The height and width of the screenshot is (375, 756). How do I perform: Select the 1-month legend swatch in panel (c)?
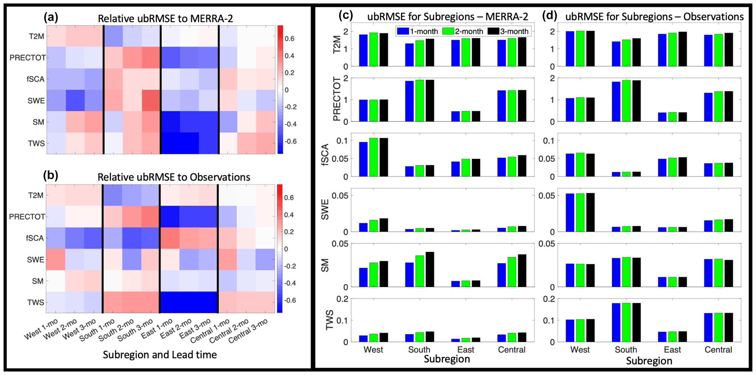tap(403, 31)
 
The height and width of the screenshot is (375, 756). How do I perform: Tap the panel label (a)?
tap(50, 17)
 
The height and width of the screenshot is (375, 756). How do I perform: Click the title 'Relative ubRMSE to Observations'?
tap(174, 177)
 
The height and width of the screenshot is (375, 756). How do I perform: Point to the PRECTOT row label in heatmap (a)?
tap(27, 58)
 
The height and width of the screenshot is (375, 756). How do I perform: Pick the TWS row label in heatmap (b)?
tap(35, 303)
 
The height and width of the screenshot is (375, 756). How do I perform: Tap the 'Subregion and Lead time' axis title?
tap(160, 355)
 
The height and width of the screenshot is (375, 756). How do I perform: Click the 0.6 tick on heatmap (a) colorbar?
tap(290, 39)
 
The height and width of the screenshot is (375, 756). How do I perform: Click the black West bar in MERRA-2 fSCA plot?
tap(384, 157)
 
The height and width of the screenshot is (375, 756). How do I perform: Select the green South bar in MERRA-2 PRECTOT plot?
tap(420, 101)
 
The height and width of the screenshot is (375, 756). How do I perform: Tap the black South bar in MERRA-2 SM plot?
tap(430, 269)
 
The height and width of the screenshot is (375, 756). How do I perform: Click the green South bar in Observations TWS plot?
tap(626, 322)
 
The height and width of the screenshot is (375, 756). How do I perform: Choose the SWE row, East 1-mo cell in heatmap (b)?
tap(170, 260)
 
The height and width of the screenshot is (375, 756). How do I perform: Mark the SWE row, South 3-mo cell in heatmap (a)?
tap(151, 101)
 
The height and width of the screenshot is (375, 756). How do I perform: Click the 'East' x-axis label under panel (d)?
tap(672, 350)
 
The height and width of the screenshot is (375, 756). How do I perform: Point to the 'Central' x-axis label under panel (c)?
tap(511, 350)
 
